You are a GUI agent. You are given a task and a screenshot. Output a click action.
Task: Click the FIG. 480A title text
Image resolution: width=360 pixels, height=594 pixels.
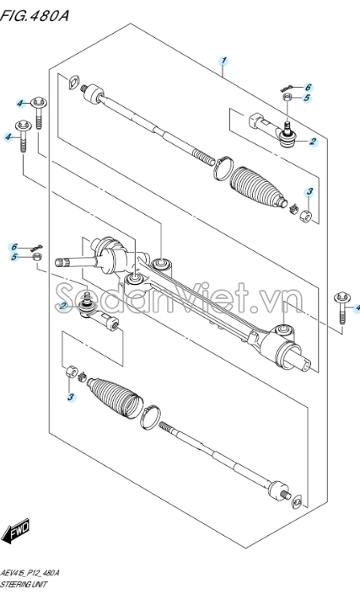point(35,15)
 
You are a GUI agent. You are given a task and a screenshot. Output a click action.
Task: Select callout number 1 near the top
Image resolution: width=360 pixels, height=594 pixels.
point(224,61)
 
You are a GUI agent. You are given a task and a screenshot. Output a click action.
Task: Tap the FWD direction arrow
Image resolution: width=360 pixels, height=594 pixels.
point(16,530)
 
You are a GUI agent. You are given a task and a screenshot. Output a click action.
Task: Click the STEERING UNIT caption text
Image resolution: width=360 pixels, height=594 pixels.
point(24,585)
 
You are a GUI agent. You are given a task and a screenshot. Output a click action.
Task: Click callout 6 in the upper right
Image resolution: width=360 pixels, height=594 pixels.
point(308,88)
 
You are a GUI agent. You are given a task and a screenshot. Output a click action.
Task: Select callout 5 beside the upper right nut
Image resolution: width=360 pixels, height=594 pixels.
point(307,98)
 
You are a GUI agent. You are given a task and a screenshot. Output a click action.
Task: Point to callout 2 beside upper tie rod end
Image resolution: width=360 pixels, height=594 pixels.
point(313,142)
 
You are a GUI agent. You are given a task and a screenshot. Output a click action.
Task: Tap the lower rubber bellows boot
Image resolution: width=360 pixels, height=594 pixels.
point(116,398)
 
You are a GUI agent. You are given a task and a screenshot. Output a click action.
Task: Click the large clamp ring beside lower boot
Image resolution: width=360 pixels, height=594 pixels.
point(150,417)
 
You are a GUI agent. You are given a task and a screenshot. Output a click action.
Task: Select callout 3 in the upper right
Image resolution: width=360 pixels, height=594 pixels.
point(309,192)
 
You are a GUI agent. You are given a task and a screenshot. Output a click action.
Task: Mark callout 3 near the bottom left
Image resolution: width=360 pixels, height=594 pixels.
point(71,398)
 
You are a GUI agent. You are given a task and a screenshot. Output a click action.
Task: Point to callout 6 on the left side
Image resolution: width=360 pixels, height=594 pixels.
point(14,248)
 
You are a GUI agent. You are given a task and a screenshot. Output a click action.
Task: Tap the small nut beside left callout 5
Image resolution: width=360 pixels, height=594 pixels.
point(37,257)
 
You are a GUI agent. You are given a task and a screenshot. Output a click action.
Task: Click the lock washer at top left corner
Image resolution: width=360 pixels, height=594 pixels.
point(74,82)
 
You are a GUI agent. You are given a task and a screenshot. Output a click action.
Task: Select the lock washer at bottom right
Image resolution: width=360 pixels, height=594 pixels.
point(297,501)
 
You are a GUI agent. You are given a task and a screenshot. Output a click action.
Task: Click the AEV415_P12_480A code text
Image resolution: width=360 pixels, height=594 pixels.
point(30,573)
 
